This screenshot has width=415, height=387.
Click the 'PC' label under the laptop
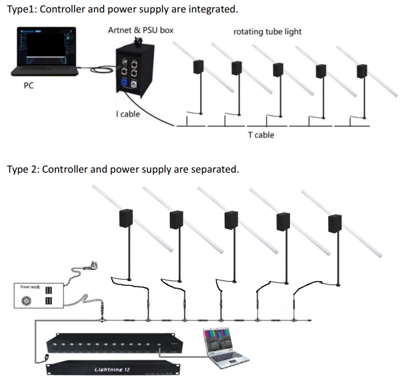pyautogui.click(x=29, y=86)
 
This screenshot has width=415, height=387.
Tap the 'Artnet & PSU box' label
pyautogui.click(x=141, y=30)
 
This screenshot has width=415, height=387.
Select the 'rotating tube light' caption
pyautogui.click(x=267, y=31)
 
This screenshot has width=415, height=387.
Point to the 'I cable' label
pyautogui.click(x=128, y=114)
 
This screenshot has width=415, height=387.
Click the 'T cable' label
pyautogui.click(x=261, y=135)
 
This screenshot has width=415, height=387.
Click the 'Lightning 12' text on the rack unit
pyautogui.click(x=112, y=370)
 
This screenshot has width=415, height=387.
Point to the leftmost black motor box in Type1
pyautogui.click(x=199, y=66)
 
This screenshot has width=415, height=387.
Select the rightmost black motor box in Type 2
pyautogui.click(x=336, y=224)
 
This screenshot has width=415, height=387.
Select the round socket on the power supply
pyautogui.click(x=26, y=301)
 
